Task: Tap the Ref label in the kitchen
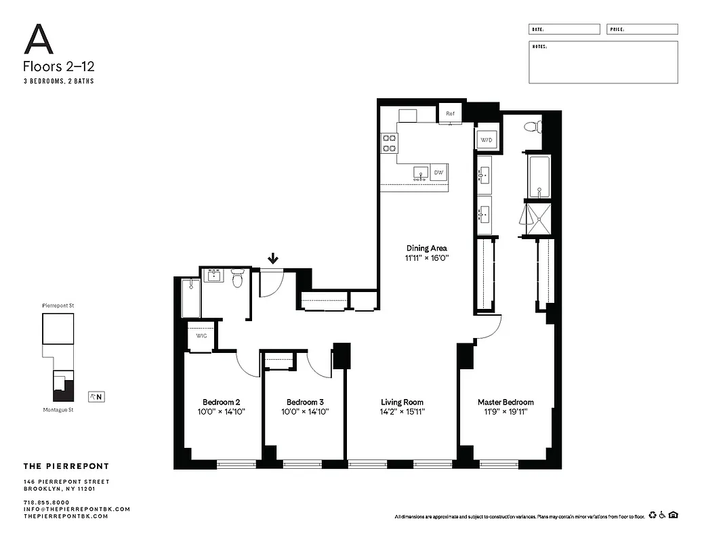tap(449, 114)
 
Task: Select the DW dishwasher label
tap(438, 173)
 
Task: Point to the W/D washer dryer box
tap(487, 140)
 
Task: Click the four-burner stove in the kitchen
tap(389, 143)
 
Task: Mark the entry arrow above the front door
tap(273, 258)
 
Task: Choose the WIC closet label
tap(201, 336)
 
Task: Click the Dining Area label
tap(426, 248)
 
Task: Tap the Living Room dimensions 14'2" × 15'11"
tap(402, 411)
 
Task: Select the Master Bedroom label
tap(505, 402)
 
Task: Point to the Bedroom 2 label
tap(222, 402)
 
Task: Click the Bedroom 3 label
tap(305, 402)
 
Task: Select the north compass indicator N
tap(96, 397)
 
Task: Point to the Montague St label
tap(58, 410)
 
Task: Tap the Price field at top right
tap(641, 30)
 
